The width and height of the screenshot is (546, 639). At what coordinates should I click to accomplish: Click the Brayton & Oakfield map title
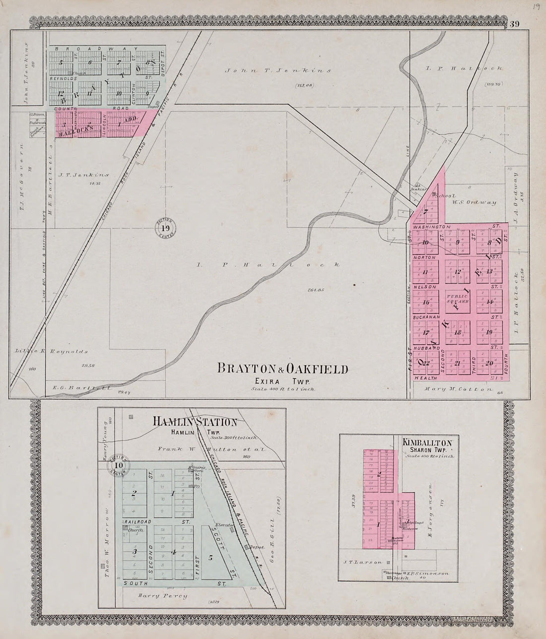pyautogui.click(x=282, y=369)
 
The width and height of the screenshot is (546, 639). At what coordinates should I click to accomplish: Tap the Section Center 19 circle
pyautogui.click(x=165, y=229)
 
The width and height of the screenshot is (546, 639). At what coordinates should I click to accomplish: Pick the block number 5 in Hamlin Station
pyautogui.click(x=210, y=558)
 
